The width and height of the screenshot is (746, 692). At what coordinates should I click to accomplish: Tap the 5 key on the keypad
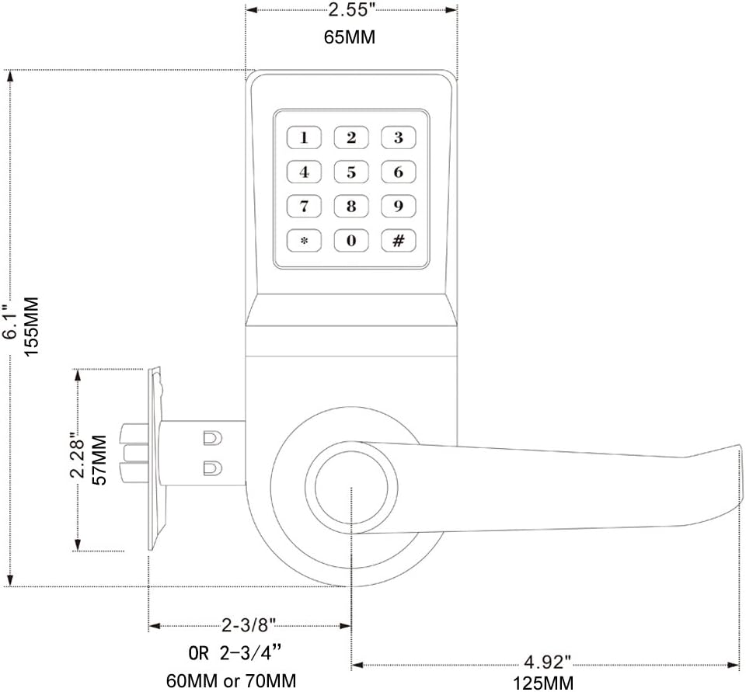(x=351, y=172)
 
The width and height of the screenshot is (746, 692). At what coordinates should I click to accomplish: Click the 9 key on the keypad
(x=398, y=206)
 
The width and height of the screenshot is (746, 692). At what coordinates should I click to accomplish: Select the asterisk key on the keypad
(x=304, y=241)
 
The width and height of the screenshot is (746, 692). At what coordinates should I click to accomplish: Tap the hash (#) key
(x=398, y=241)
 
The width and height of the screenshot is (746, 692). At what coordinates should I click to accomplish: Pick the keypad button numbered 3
(x=398, y=137)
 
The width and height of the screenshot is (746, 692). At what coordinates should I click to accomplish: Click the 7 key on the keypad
(x=304, y=206)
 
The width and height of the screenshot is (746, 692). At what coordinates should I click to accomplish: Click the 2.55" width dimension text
(x=349, y=10)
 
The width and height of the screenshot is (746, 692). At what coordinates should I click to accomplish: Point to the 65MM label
(x=350, y=37)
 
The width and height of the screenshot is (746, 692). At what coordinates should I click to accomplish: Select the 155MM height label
(x=31, y=326)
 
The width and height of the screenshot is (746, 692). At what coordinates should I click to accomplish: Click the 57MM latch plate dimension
(x=99, y=460)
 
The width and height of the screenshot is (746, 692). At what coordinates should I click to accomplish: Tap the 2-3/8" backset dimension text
(x=249, y=625)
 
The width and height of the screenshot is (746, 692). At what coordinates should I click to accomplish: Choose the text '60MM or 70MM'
(x=232, y=680)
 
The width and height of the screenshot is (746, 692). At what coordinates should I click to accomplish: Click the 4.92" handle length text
(x=547, y=662)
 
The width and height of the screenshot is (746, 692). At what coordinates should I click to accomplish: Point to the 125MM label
(x=543, y=683)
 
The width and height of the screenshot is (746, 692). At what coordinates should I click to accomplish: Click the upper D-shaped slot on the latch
(x=213, y=438)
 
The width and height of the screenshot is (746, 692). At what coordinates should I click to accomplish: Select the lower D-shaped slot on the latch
(x=213, y=468)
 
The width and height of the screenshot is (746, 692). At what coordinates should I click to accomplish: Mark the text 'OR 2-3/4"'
(x=235, y=653)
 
